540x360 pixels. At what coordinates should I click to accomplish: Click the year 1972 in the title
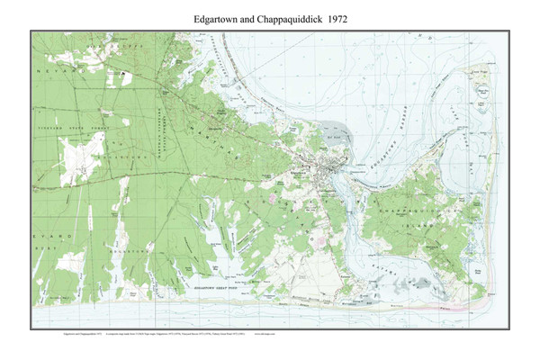coord(335,17)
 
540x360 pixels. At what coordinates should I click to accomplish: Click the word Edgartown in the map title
coord(219,17)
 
